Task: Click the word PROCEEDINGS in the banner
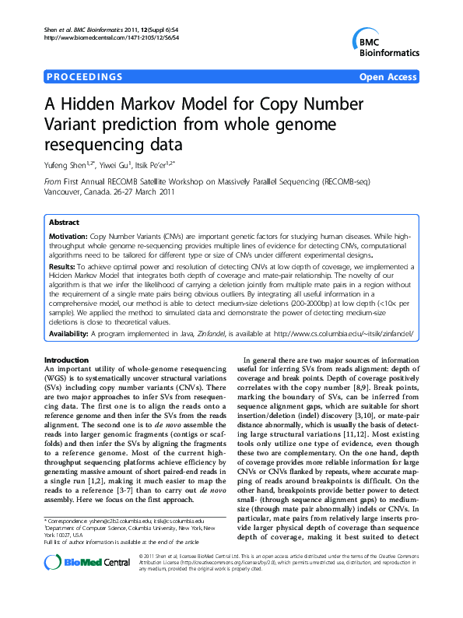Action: pos(85,77)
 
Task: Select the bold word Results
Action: pos(61,266)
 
